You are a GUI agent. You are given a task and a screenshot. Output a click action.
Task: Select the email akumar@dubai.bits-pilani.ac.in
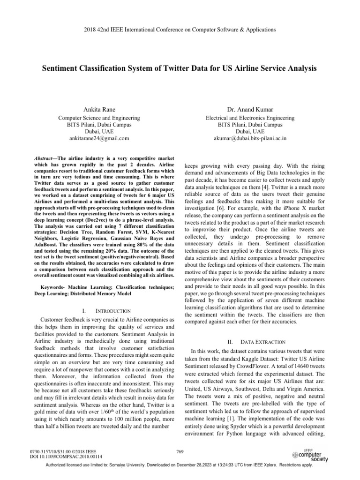[250, 139]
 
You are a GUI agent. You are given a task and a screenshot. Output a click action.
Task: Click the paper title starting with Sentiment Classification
[180, 68]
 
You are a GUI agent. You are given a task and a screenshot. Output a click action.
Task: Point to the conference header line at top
[180, 30]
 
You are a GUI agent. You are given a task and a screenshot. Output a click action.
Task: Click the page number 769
[180, 450]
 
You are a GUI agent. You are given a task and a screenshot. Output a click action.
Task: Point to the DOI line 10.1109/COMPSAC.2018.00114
[66, 456]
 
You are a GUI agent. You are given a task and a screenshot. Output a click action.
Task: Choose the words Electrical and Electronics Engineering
[250, 118]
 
